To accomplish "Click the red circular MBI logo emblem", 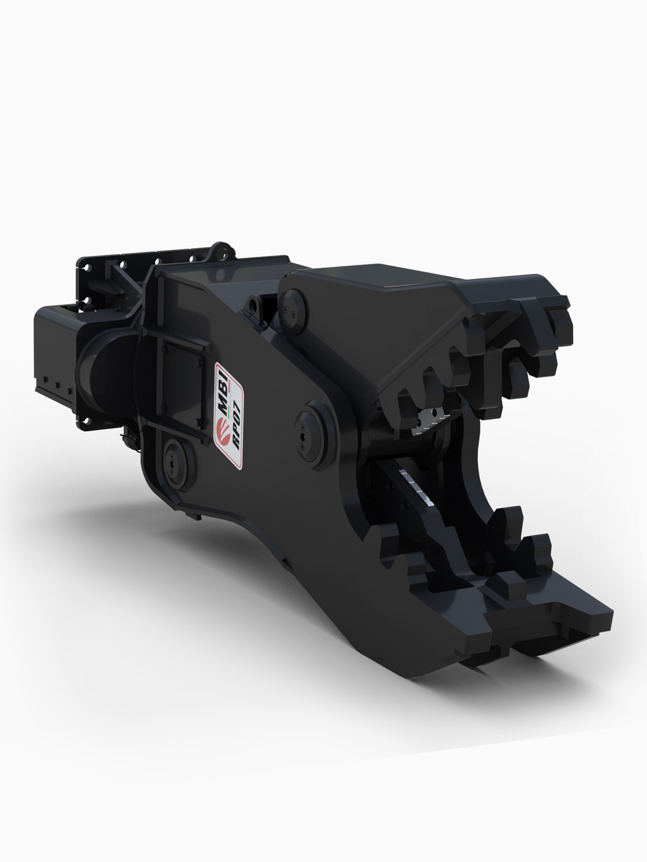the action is coord(224,427).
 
